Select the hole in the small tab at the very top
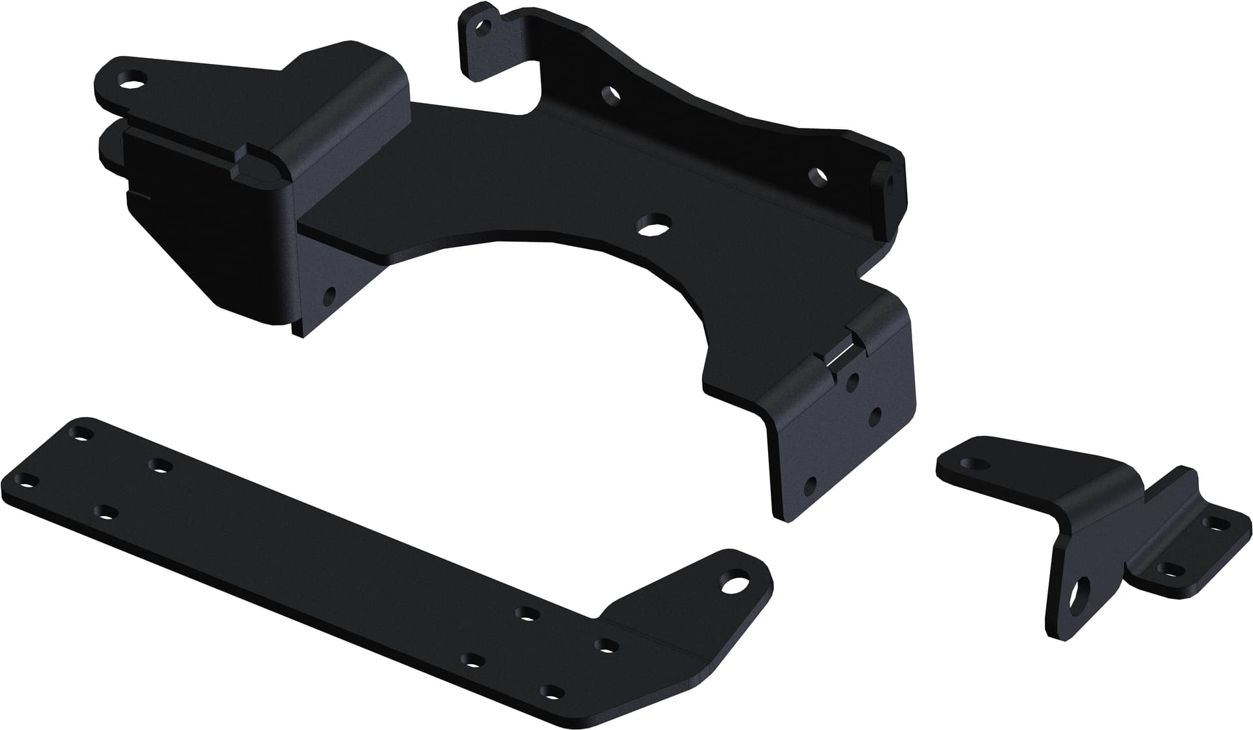[483, 27]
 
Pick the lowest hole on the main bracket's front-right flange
[811, 485]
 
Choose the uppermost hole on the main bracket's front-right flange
[852, 382]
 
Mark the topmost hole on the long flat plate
[82, 433]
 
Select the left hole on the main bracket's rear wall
[610, 95]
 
